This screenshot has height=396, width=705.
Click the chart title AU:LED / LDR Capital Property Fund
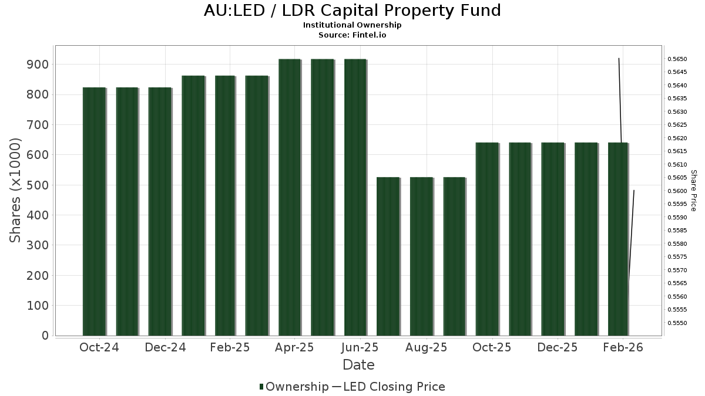pyautogui.click(x=352, y=11)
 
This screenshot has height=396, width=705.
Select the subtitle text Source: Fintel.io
pyautogui.click(x=352, y=35)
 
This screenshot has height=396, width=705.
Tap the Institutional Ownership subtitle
pyautogui.click(x=352, y=25)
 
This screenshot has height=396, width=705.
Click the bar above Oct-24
pyautogui.click(x=94, y=211)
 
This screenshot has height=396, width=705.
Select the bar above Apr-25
pyautogui.click(x=290, y=197)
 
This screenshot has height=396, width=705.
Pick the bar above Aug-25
pyautogui.click(x=421, y=256)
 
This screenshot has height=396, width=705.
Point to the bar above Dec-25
pyautogui.click(x=553, y=239)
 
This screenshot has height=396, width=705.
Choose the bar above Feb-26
pyautogui.click(x=618, y=239)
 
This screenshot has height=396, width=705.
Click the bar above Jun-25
pyautogui.click(x=355, y=197)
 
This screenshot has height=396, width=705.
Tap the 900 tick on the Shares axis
pyautogui.click(x=36, y=65)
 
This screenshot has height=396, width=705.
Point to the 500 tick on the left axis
pyautogui.click(x=36, y=185)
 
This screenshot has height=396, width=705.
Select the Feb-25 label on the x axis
pyautogui.click(x=230, y=348)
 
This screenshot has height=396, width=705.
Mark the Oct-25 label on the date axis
pyautogui.click(x=492, y=348)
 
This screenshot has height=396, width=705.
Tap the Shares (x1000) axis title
pyautogui.click(x=16, y=190)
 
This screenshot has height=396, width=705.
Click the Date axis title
pyautogui.click(x=358, y=365)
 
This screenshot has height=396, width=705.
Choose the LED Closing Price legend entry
pyautogui.click(x=394, y=387)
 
